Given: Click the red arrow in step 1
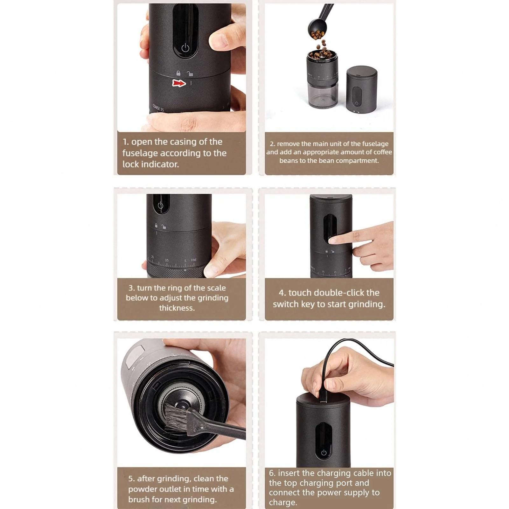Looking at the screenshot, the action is point(179,83).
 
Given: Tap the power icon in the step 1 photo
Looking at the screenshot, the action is point(185,48).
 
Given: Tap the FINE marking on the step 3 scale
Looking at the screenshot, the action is point(194,260).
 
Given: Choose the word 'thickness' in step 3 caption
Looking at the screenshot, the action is point(177,308).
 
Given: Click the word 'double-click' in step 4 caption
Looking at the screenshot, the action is point(334,293).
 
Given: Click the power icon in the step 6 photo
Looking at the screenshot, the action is point(324,452).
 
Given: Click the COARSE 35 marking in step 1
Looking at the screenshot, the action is point(158,108).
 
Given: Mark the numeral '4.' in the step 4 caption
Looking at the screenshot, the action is point(282,293).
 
